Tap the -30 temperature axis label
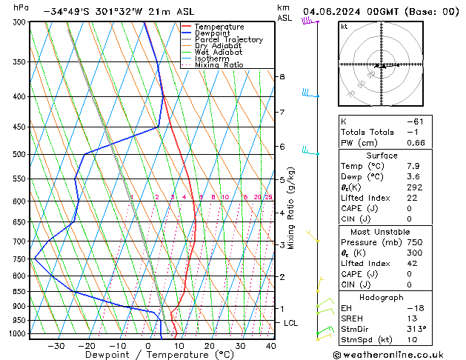pos(55,346)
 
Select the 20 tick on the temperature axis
pos(209,346)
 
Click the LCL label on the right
pos(291,323)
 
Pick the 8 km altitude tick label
pos(282,77)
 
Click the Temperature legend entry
pos(217,27)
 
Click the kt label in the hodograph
pos(344,26)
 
